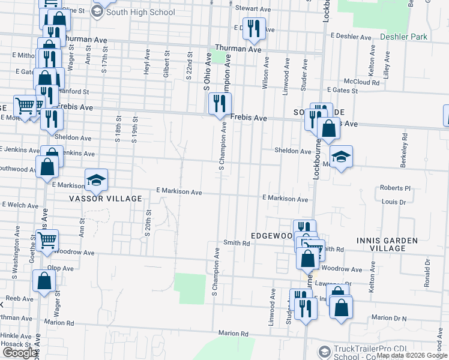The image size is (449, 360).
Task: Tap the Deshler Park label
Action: click(x=403, y=37)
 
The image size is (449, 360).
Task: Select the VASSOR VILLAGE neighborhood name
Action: click(x=105, y=199)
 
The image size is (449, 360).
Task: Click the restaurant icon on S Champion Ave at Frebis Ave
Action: click(x=220, y=103)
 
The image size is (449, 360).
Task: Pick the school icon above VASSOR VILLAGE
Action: click(x=95, y=179)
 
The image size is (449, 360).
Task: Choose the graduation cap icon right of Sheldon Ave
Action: click(x=341, y=157)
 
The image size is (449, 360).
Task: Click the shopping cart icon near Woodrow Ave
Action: click(x=47, y=241)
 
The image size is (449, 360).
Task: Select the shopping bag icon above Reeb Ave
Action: click(x=44, y=281)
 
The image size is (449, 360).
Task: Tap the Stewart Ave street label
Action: click(x=253, y=8)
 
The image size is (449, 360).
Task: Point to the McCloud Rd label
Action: click(x=361, y=82)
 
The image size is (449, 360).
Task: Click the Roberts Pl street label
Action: click(x=396, y=188)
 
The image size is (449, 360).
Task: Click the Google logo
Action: click(x=19, y=353)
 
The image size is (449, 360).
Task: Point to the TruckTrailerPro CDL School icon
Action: click(x=324, y=352)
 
